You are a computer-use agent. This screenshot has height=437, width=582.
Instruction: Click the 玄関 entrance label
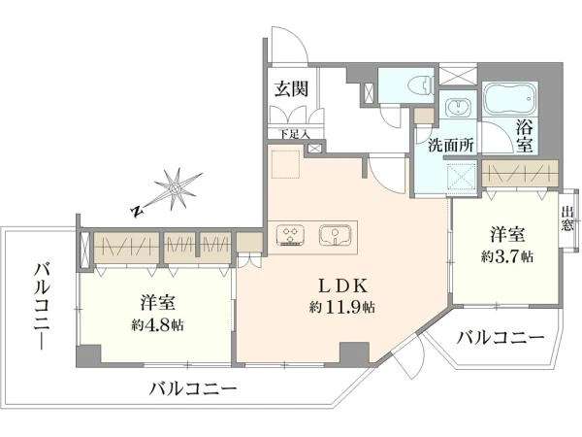point(291,89)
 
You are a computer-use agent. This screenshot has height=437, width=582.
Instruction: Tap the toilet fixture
point(420,85)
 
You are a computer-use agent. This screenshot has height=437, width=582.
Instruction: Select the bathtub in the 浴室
point(509,98)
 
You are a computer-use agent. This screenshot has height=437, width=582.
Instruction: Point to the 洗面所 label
point(451,145)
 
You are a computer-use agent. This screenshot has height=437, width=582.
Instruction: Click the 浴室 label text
point(525,136)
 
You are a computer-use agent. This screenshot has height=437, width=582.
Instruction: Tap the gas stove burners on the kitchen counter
point(290,236)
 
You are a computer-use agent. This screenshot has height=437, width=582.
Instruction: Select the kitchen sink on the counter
point(336,235)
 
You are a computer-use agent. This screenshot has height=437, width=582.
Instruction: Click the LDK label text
point(343,286)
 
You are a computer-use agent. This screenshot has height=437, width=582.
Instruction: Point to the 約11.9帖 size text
point(341,307)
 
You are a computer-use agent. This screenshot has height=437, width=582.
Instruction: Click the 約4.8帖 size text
point(157,325)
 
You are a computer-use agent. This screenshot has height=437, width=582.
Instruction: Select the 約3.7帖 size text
point(507,256)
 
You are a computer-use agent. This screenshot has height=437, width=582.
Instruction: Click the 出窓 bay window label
point(567,218)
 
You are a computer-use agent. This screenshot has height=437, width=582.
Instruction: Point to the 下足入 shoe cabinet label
point(294,134)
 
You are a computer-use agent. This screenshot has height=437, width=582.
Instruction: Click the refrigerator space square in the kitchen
point(285,164)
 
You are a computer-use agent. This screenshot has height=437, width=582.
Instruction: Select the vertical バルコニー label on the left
point(42,306)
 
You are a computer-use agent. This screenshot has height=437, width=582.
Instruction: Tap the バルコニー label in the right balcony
point(500,338)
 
